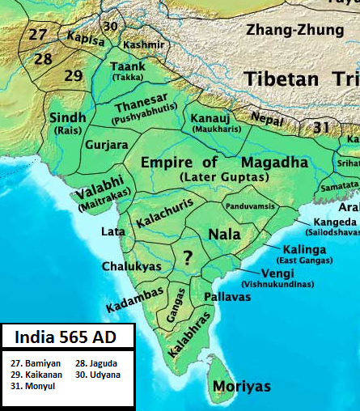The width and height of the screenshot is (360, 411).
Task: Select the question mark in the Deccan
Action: point(188,257)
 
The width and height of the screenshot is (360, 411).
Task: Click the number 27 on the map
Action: point(37,34)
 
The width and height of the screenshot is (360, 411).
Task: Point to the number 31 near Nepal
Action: point(322,127)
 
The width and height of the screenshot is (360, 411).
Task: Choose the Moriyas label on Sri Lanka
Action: point(241,387)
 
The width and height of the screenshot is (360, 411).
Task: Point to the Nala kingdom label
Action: point(223,234)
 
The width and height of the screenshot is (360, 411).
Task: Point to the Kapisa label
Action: point(86,37)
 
